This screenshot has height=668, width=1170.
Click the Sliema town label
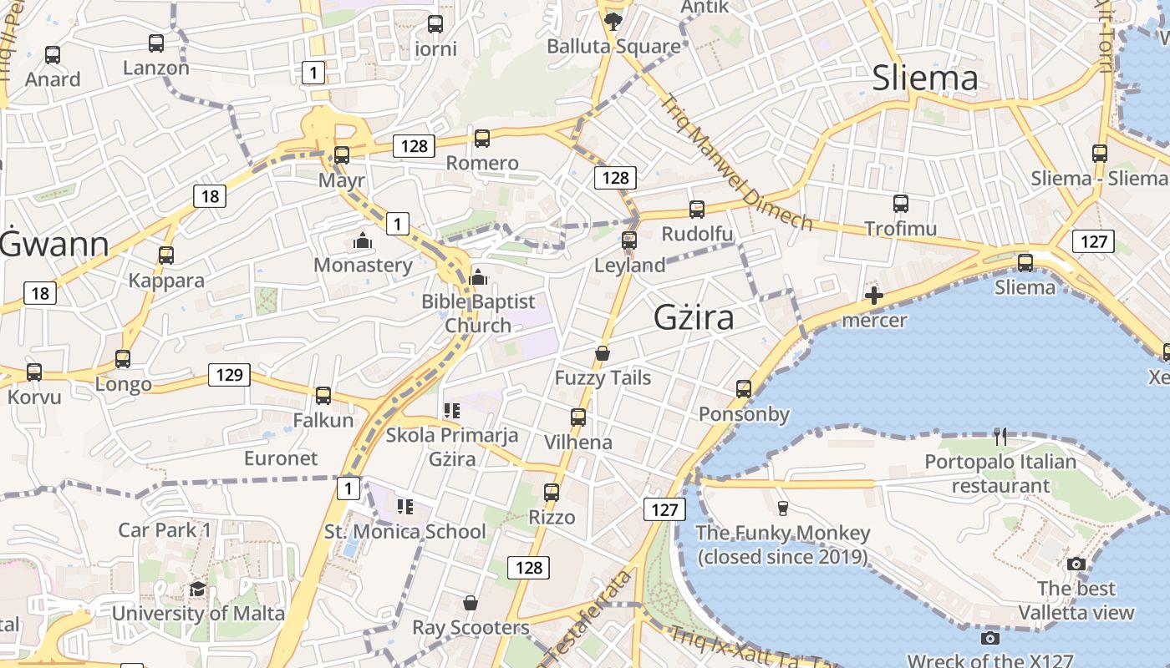coord(924,78)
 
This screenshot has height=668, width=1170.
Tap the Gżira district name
coord(694,317)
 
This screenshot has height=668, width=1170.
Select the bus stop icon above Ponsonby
coord(744,388)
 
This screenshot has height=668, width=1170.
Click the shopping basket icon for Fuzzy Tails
coord(603,353)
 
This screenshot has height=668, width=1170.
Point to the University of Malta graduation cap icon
coord(197,589)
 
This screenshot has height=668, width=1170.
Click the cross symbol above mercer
coord(874,295)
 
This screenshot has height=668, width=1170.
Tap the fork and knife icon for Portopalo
coord(1000,436)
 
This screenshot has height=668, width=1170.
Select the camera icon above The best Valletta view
coord(1076,564)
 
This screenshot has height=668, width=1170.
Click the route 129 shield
coord(229,375)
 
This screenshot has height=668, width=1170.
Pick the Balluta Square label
coord(613,46)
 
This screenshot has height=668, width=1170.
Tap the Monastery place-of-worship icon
coord(363,241)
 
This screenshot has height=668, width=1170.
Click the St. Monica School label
coord(404,532)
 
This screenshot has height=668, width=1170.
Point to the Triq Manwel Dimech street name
coord(736,163)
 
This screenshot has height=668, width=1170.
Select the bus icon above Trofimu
coord(900,204)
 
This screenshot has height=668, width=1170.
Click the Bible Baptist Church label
coord(478,313)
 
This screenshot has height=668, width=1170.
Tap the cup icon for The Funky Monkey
coord(782,508)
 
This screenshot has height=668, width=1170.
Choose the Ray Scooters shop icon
coord(471,603)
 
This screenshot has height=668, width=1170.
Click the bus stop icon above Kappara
coord(166,256)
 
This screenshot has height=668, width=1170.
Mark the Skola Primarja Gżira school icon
coord(452,410)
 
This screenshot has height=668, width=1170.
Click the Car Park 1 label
coord(165,530)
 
